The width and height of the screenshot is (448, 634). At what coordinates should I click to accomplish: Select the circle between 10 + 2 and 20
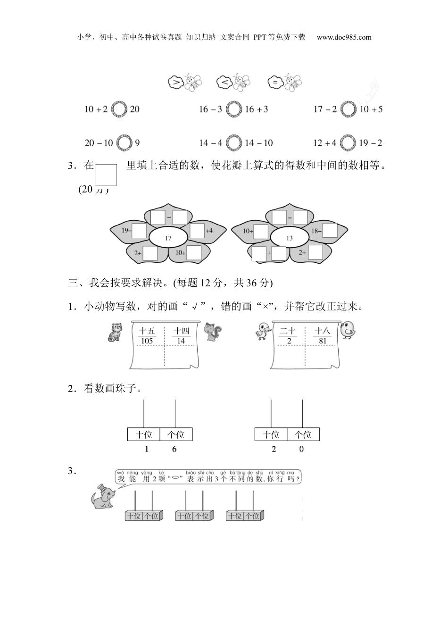(x=119, y=109)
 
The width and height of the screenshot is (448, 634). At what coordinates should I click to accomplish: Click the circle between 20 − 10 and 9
(x=124, y=142)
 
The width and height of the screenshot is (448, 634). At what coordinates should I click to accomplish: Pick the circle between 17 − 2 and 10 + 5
(x=348, y=109)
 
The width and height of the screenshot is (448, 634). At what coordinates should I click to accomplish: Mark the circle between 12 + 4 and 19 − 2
(x=348, y=142)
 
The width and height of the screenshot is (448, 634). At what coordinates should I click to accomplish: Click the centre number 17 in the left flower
(x=168, y=238)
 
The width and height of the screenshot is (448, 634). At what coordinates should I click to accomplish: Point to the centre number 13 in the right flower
(x=289, y=238)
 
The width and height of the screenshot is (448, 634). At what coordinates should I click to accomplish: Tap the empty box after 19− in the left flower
(x=139, y=231)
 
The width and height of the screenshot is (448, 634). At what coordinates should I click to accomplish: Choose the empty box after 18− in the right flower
(x=330, y=231)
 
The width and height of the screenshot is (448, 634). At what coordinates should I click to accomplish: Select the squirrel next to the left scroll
(x=213, y=332)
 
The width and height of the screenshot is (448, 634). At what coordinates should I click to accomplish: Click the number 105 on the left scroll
(x=147, y=341)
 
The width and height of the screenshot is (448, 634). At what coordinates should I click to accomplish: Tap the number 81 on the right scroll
(x=323, y=341)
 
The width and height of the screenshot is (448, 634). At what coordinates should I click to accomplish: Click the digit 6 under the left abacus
(x=174, y=449)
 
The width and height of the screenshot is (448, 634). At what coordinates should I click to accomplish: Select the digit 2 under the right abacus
(x=274, y=449)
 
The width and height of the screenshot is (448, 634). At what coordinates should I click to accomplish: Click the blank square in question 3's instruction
(x=106, y=175)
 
